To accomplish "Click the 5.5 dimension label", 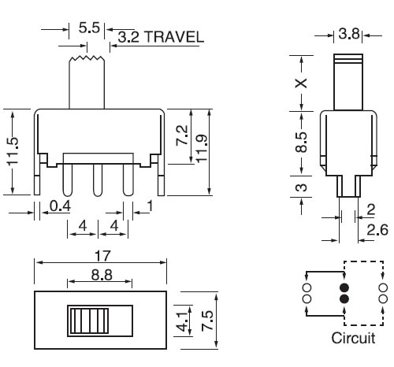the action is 89,28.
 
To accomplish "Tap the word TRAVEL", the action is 174,37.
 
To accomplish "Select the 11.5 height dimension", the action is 13,152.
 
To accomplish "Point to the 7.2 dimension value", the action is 182,135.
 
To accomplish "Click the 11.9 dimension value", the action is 202,149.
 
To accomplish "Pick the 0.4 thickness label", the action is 61,206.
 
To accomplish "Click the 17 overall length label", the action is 102,256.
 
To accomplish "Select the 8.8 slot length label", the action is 102,275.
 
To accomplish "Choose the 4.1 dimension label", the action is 183,322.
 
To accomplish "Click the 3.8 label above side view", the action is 348,34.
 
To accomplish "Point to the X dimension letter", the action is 301,83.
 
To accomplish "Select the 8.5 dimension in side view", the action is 301,142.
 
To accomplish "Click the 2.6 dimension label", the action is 377,230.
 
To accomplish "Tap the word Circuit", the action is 353,338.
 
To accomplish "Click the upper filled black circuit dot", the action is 344,288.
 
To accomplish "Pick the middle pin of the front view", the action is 98,180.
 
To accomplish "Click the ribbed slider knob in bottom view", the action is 89,321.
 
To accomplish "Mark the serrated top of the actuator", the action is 87,59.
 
